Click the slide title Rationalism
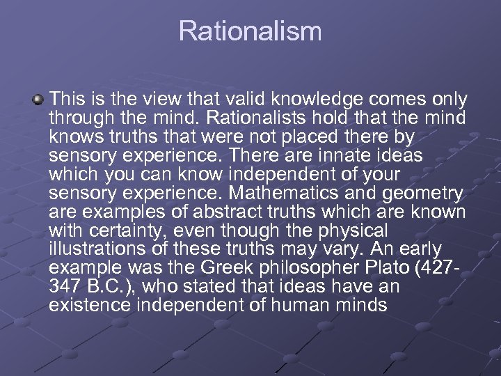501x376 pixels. [x=250, y=31]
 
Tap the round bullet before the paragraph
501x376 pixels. [x=37, y=100]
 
